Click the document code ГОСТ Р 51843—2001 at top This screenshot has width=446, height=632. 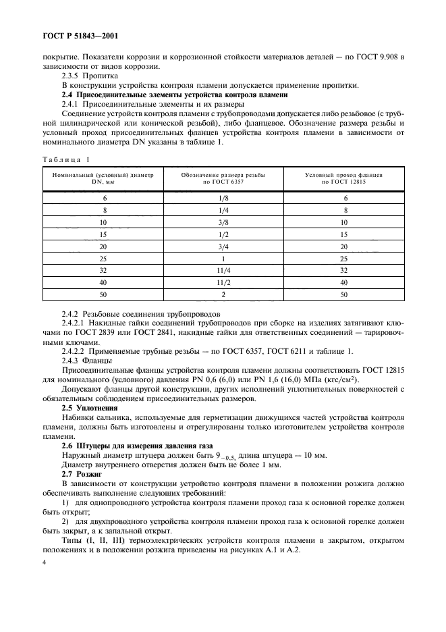(73, 34)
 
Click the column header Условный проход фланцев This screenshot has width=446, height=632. (343, 174)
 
